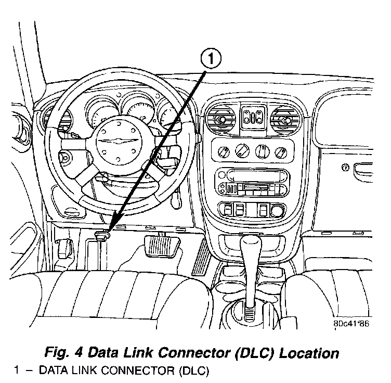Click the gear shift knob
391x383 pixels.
[252, 244]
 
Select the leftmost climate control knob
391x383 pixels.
[224, 151]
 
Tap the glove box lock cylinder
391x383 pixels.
[345, 168]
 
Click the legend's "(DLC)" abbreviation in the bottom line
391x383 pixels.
[193, 372]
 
